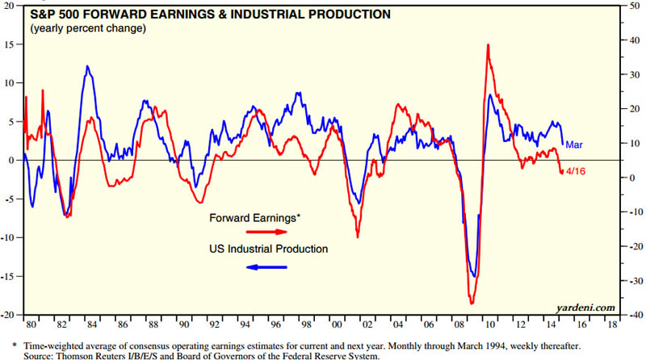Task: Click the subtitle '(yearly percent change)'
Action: click(88, 29)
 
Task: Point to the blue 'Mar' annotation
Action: click(574, 144)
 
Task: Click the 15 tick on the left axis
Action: click(12, 44)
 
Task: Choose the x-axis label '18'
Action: click(612, 328)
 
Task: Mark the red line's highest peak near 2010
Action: click(489, 45)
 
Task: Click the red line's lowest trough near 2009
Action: click(472, 303)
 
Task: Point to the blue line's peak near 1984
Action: click(87, 66)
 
